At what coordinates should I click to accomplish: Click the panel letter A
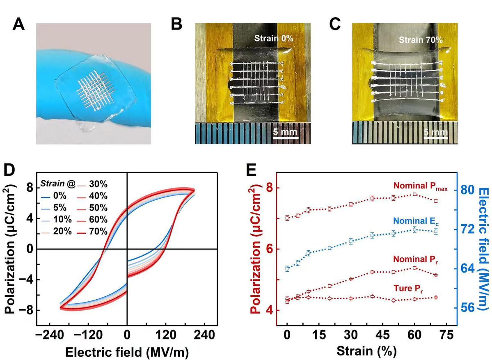20,25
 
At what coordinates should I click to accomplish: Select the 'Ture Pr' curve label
412,283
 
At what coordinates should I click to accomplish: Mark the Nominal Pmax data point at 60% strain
415,194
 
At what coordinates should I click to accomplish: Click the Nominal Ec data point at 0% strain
287,269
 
